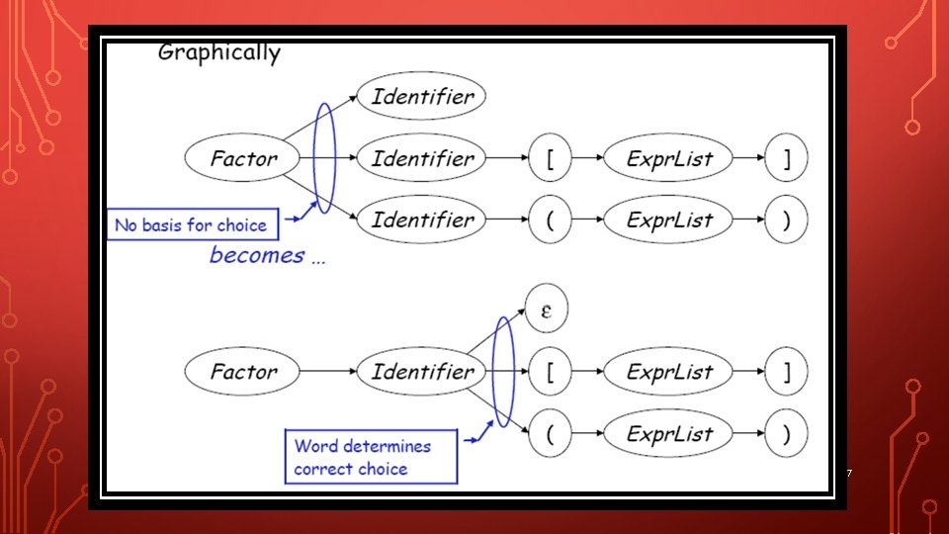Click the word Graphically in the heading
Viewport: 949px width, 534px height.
point(218,53)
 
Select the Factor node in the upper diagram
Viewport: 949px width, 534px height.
point(243,158)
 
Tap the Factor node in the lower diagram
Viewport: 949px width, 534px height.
point(243,372)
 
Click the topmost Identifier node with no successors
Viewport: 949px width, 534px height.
point(422,97)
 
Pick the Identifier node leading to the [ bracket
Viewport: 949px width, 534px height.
point(422,158)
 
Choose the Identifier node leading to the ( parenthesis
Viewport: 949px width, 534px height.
point(422,220)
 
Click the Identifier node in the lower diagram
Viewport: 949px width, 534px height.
point(422,372)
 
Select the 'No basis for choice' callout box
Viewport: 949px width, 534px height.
point(192,225)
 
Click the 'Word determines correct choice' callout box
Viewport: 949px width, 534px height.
point(371,457)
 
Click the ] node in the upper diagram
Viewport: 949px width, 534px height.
point(787,158)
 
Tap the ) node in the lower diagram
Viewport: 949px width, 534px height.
point(787,433)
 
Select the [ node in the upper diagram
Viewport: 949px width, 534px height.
point(549,158)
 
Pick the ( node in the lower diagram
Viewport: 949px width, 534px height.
point(549,433)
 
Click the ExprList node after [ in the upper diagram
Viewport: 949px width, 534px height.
point(669,158)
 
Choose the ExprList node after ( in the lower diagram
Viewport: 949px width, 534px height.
point(669,433)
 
